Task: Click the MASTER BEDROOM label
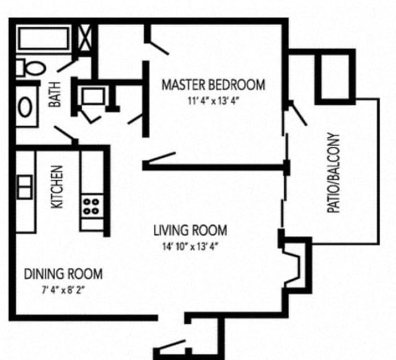pyautogui.click(x=213, y=85)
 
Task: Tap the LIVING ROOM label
pyautogui.click(x=190, y=231)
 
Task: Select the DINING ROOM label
pyautogui.click(x=63, y=274)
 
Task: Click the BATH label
pyautogui.click(x=55, y=94)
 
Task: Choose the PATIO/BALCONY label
pyautogui.click(x=335, y=172)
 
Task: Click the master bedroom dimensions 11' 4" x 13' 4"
pyautogui.click(x=213, y=100)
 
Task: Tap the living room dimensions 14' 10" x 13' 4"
pyautogui.click(x=190, y=246)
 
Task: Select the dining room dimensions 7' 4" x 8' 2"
pyautogui.click(x=63, y=289)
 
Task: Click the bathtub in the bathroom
pyautogui.click(x=43, y=38)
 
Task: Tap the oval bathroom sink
pyautogui.click(x=25, y=107)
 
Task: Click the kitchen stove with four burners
pyautogui.click(x=91, y=204)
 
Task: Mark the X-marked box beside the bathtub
pyautogui.click(x=87, y=39)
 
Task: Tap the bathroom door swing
pyautogui.click(x=66, y=135)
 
